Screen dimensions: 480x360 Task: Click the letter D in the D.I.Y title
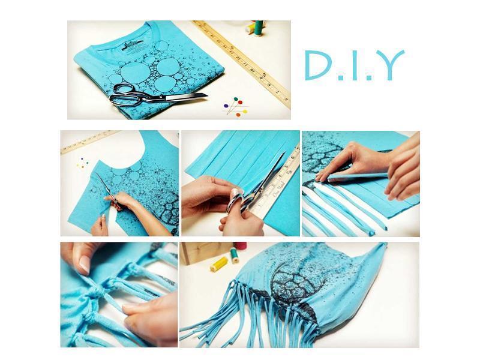319,65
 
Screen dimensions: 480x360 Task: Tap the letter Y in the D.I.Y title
389,65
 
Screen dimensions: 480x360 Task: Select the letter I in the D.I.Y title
355,65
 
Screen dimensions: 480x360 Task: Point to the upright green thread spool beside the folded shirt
258,28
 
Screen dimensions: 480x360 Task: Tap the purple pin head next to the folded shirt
226,106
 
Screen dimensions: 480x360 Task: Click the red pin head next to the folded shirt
240,102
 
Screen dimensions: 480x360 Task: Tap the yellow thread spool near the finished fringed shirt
219,263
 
